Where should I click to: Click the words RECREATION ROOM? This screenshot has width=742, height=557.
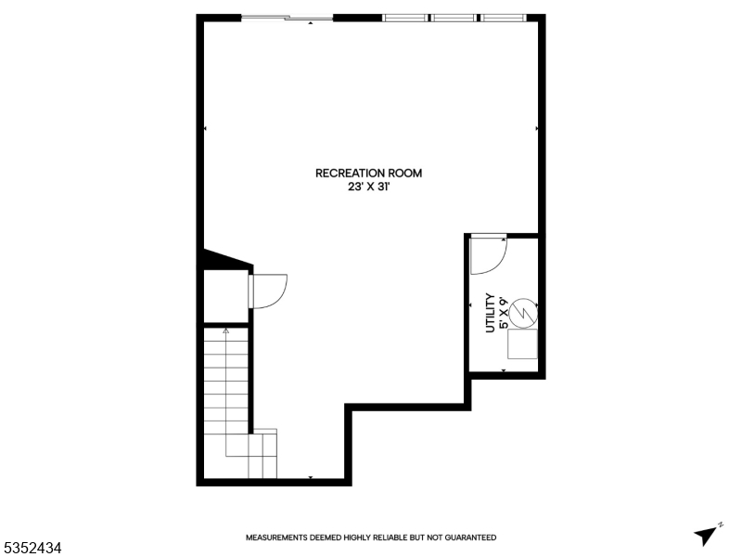coord(369,173)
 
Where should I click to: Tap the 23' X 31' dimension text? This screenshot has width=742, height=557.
coord(369,186)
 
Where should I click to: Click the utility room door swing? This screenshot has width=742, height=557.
coord(486,256)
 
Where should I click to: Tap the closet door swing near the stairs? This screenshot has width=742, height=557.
coord(269,291)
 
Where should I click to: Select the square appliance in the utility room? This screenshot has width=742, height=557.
coord(522,344)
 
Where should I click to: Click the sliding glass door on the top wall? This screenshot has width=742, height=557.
coord(287,18)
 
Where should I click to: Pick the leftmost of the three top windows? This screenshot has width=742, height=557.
coord(406,18)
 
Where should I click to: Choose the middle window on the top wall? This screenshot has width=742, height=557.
coord(454,18)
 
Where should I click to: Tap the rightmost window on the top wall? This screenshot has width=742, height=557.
coord(503,18)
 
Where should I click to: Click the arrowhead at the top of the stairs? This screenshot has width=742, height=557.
coord(225,330)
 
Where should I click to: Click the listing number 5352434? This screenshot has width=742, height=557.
coord(32,549)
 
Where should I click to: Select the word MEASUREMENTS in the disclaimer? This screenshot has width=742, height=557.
coord(279,538)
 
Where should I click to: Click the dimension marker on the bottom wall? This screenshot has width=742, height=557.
coord(311,478)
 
